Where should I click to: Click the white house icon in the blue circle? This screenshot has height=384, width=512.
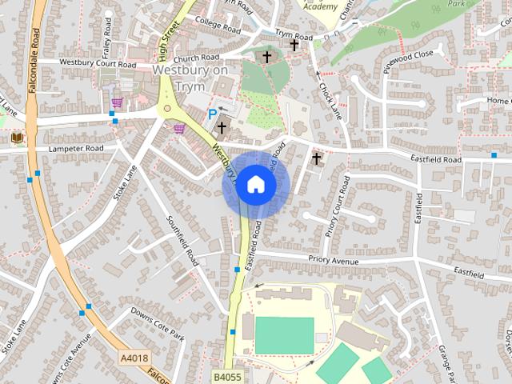pyautogui.click(x=254, y=184)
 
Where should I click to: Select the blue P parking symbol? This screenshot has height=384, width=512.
pyautogui.click(x=212, y=114)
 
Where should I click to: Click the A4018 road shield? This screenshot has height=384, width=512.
pyautogui.click(x=135, y=358)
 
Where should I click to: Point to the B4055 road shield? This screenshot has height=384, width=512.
pyautogui.click(x=227, y=374)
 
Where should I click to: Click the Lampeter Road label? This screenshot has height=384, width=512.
pyautogui.click(x=76, y=149)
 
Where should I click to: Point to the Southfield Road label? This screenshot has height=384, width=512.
pyautogui.click(x=182, y=241)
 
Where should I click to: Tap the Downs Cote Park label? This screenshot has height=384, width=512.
pyautogui.click(x=158, y=325)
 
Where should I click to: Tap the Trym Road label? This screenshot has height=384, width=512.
pyautogui.click(x=294, y=36)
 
